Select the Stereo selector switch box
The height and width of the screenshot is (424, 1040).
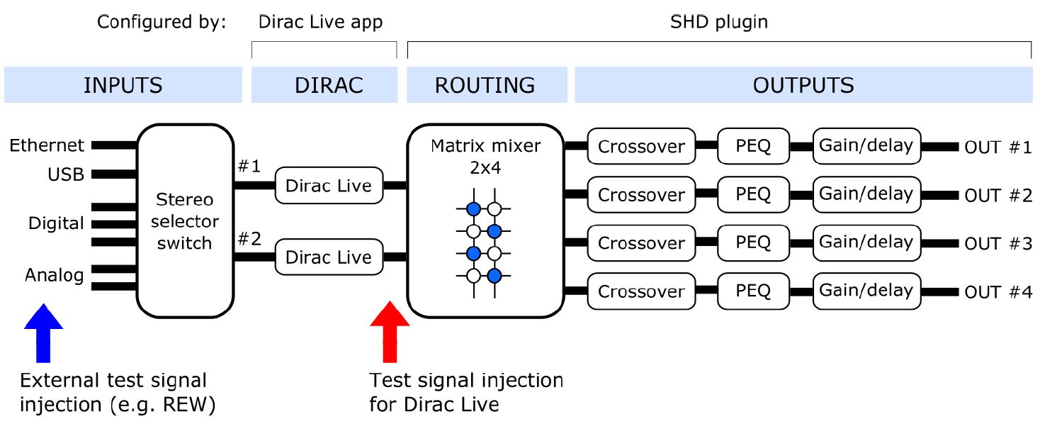[x=185, y=220]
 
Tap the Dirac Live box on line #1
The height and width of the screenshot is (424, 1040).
[x=328, y=186]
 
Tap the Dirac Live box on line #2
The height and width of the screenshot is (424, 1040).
[x=328, y=257]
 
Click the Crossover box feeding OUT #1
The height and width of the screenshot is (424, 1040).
[x=641, y=147]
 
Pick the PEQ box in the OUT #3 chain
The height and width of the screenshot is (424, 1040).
[x=752, y=242]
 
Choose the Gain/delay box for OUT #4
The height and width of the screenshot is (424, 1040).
[x=866, y=291]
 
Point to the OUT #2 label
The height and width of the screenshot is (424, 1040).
[x=997, y=196]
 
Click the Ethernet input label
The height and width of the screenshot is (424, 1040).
[x=47, y=145]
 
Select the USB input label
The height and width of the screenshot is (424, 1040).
[x=66, y=174]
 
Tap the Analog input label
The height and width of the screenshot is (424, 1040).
[x=54, y=274]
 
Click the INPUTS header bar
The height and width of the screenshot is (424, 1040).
[x=123, y=85]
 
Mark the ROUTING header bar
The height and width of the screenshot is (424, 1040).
[x=485, y=85]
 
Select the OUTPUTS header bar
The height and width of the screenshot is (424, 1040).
[x=803, y=85]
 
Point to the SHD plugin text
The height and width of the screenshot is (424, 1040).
[x=718, y=22]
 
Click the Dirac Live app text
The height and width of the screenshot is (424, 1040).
[x=320, y=22]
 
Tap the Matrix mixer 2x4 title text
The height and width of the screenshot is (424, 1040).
[x=485, y=156]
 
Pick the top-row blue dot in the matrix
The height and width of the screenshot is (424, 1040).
[x=473, y=208]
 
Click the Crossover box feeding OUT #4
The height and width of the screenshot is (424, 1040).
[x=641, y=291]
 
